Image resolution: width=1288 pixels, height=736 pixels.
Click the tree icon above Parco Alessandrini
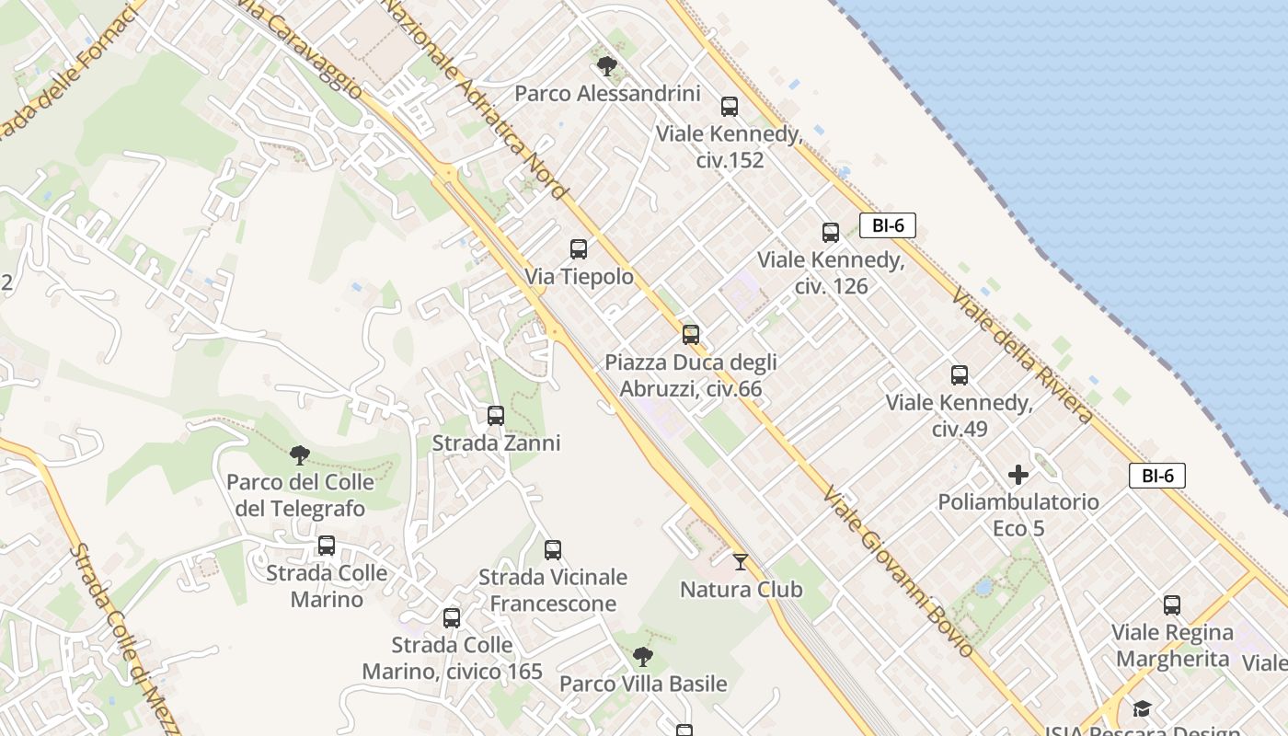(606, 65)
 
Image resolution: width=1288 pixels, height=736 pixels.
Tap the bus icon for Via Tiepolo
(579, 248)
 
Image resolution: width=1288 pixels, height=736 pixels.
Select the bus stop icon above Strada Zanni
(496, 415)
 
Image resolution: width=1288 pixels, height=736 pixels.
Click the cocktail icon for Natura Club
(741, 561)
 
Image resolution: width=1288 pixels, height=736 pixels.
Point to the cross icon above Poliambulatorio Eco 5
(1018, 475)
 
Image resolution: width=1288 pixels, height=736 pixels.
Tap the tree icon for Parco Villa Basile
(643, 656)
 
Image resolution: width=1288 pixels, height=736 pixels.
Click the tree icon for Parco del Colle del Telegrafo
(299, 454)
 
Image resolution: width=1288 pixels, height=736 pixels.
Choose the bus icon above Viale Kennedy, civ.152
(730, 106)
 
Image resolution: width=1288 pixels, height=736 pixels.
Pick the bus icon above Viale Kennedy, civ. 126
(831, 232)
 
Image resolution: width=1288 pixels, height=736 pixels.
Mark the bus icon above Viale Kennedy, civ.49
(960, 374)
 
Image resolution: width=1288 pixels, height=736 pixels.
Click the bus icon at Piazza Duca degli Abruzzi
(691, 334)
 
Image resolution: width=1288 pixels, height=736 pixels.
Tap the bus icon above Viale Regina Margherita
(1172, 604)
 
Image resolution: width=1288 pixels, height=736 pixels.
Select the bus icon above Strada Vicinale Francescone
(553, 549)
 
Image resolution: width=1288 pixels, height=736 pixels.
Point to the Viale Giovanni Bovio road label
(898, 571)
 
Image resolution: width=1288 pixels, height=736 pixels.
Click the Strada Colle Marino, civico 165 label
(452, 658)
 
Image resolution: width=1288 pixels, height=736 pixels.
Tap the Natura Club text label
(741, 590)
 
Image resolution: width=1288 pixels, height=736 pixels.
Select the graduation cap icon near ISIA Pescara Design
(1142, 707)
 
